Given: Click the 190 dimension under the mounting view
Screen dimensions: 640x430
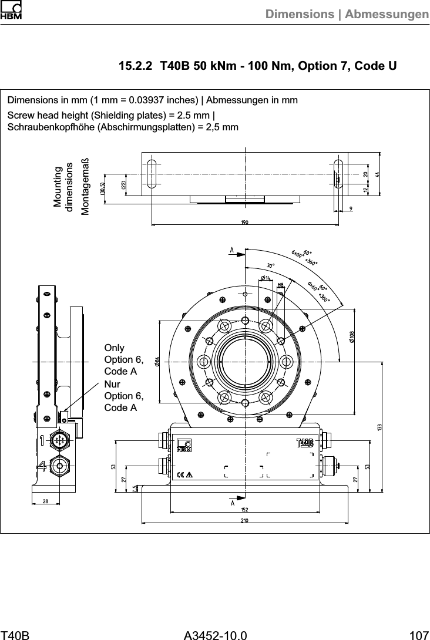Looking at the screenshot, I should (x=244, y=222).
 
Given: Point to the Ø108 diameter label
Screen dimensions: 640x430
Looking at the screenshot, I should (x=351, y=336).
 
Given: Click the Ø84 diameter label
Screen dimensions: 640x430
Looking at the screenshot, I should (x=157, y=361).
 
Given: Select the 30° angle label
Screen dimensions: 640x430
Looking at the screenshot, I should (x=271, y=265).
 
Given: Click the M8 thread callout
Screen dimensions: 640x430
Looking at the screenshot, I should (x=280, y=285).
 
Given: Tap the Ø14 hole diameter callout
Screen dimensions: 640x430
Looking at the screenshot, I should (x=265, y=278).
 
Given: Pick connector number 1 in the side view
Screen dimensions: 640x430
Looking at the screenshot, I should (x=43, y=439).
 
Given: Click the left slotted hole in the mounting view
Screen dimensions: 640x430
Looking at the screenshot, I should (x=152, y=173).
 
